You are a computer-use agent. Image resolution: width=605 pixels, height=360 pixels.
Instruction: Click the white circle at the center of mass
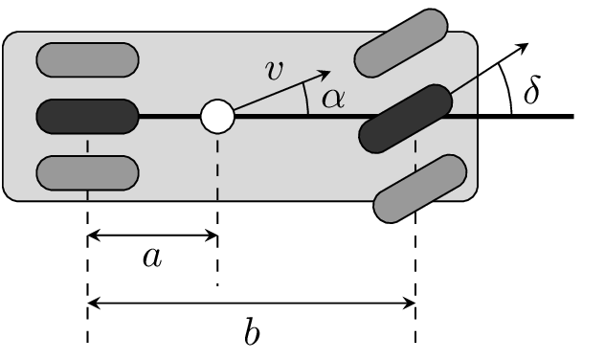(217, 117)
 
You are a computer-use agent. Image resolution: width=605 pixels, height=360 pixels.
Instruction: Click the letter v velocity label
(274, 69)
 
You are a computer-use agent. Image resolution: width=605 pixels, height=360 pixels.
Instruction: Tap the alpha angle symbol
(332, 98)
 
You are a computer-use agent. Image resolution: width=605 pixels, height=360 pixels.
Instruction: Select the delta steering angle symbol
(531, 91)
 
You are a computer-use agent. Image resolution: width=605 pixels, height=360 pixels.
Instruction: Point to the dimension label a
(151, 257)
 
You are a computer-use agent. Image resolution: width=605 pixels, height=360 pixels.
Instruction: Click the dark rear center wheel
(87, 117)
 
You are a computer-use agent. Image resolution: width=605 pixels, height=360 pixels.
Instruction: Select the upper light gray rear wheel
(87, 59)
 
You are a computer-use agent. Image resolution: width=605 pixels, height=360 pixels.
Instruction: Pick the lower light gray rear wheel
(87, 173)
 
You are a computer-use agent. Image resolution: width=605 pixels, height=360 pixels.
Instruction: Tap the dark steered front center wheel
(406, 119)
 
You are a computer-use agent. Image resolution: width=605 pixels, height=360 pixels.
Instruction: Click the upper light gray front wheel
(401, 43)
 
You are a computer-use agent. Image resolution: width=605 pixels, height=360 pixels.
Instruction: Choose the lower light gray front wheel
(420, 189)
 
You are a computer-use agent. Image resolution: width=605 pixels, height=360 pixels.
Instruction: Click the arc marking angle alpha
(306, 98)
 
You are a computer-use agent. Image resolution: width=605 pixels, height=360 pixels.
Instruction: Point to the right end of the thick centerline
(571, 117)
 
